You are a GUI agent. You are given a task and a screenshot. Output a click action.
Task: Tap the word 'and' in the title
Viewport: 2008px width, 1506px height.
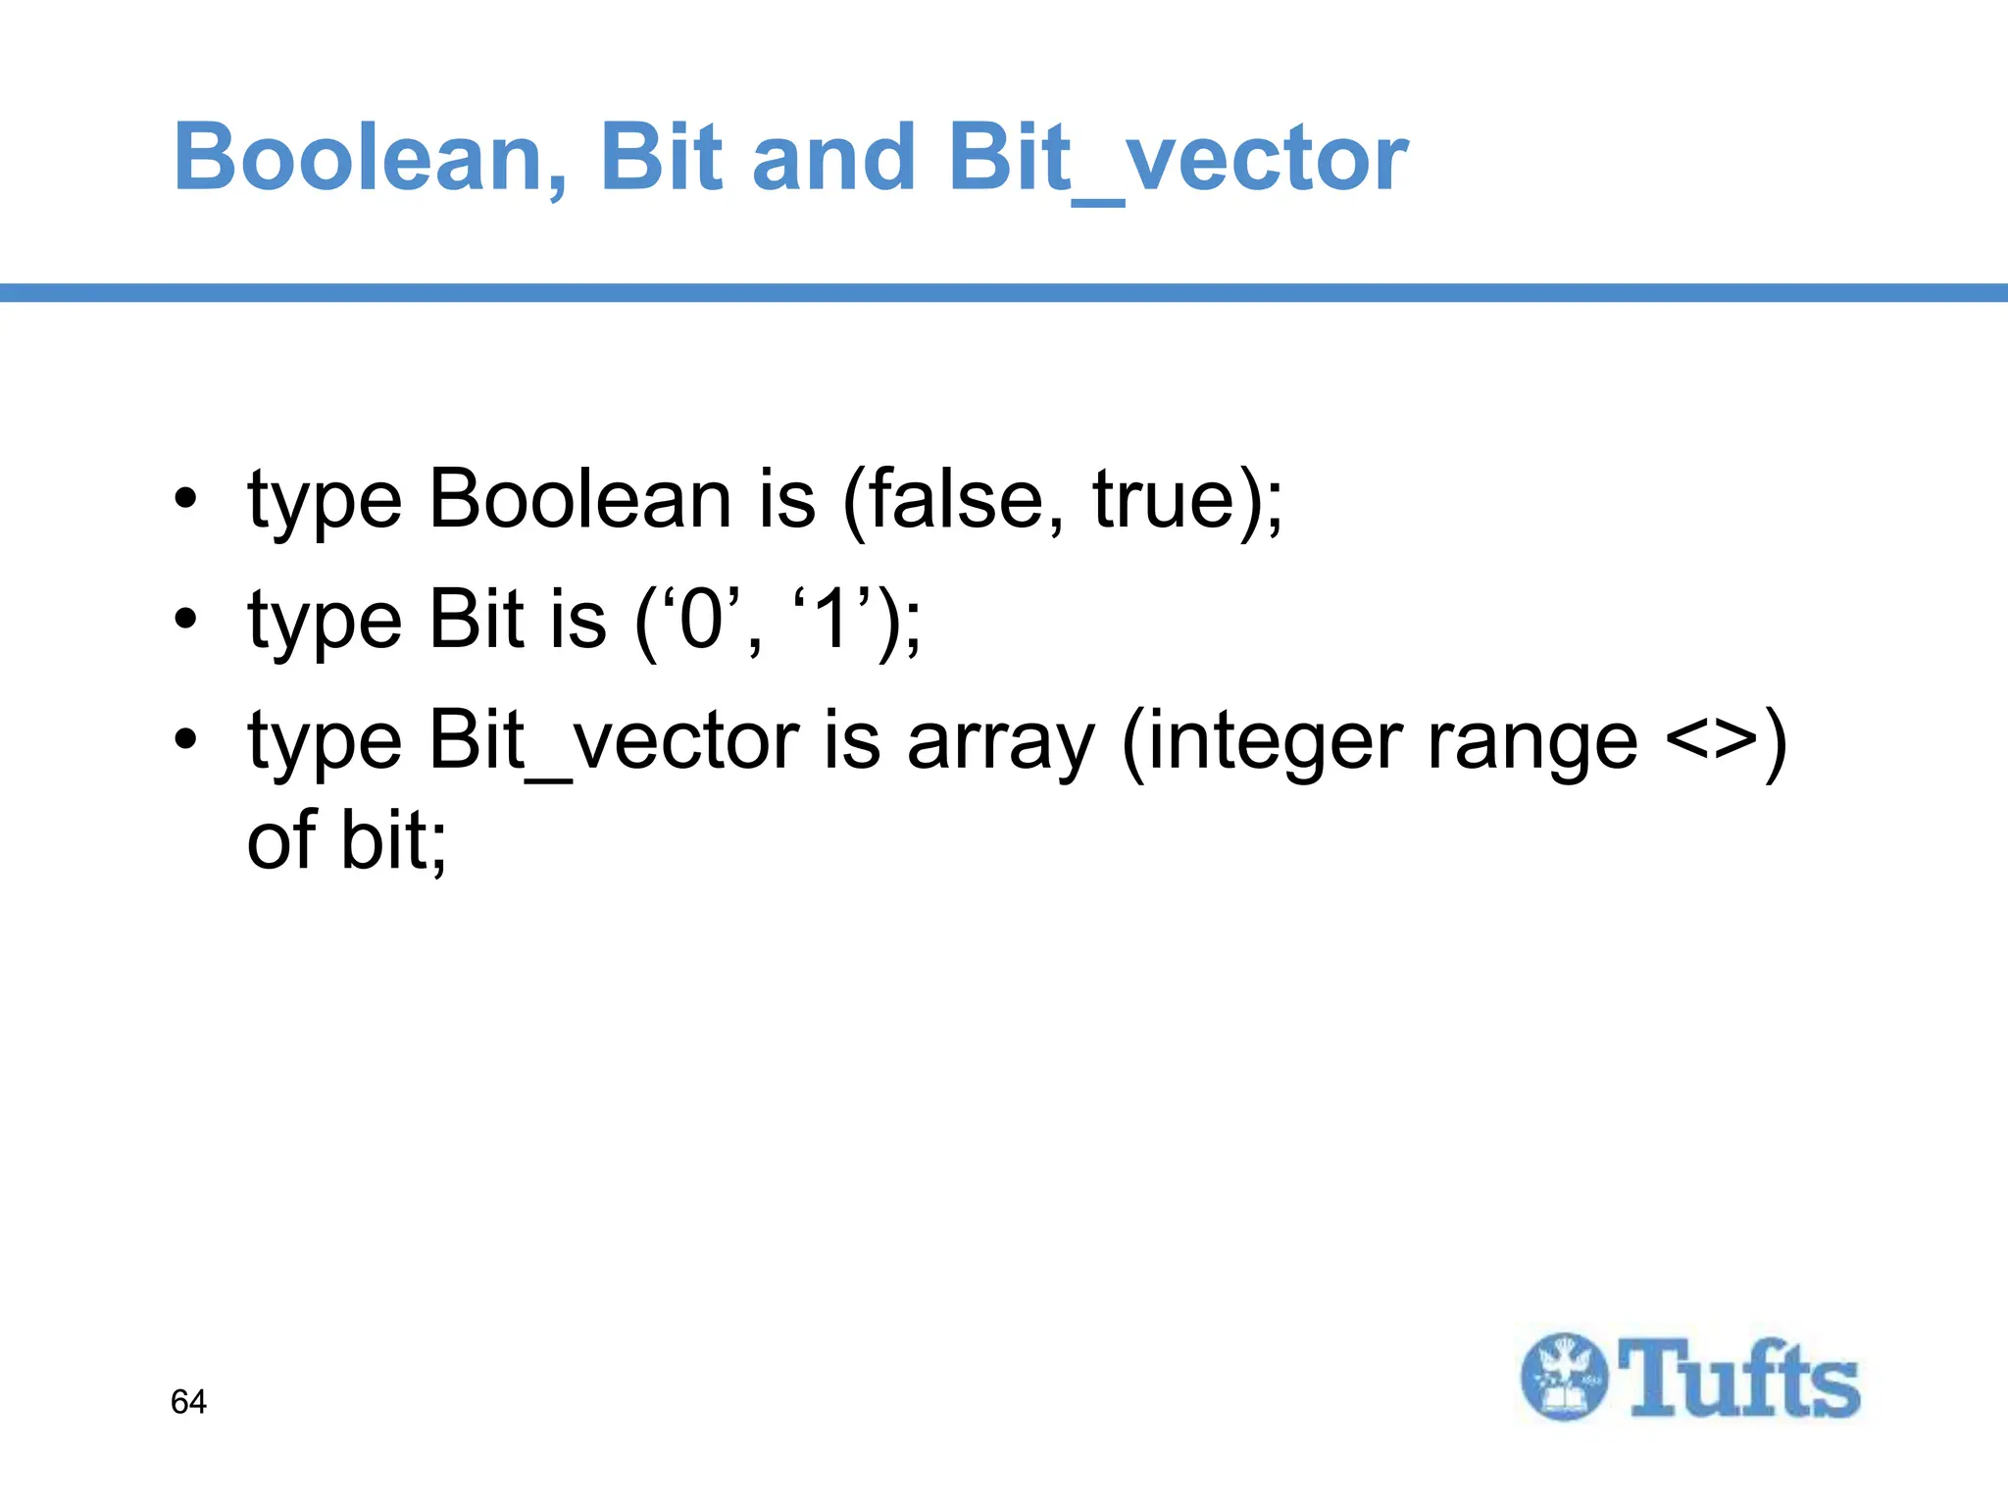click(x=832, y=158)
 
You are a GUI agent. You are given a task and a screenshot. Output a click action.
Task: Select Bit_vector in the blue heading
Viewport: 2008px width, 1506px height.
click(x=1178, y=158)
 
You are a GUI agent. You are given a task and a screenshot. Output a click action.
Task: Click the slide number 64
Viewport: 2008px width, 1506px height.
click(x=188, y=1402)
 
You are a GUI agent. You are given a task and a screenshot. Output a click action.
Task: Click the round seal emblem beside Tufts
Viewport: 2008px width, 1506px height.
click(x=1565, y=1377)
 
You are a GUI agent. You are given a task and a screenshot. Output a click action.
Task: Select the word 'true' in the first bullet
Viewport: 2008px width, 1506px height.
click(x=1162, y=499)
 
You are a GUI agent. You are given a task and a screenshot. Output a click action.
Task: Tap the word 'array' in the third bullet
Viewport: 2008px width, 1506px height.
click(x=1000, y=743)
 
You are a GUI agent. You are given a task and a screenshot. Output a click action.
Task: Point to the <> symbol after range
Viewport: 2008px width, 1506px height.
click(x=1710, y=743)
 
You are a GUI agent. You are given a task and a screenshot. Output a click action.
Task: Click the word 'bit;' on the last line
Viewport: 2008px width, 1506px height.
click(x=393, y=841)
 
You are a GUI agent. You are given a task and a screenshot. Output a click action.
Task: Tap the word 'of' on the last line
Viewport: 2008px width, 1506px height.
click(x=281, y=841)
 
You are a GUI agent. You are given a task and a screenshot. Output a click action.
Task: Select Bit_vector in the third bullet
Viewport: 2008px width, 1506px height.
click(x=614, y=743)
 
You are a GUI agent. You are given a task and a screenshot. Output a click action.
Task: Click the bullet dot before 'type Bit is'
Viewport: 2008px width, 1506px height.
click(x=185, y=620)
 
